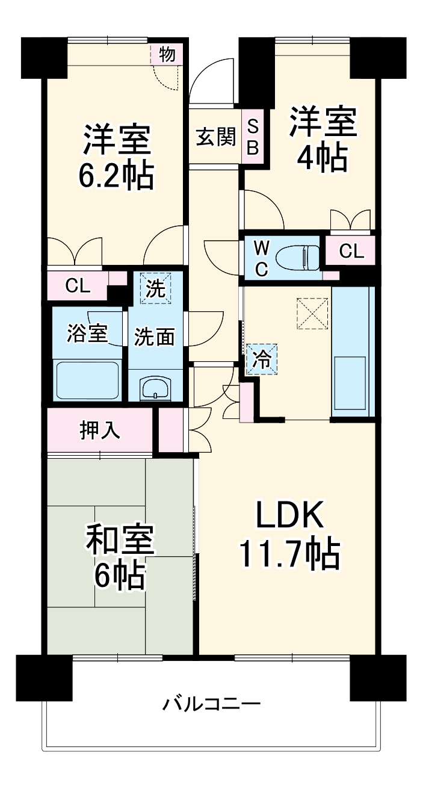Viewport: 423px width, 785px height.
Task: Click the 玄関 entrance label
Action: coord(215,137)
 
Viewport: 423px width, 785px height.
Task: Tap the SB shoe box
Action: coord(253,137)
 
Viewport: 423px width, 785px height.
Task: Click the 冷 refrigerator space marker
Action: coord(262,359)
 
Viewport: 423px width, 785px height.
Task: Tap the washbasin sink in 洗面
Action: coord(156,389)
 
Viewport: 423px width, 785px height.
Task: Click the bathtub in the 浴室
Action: coord(88,380)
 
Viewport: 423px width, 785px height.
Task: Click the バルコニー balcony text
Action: coord(211,703)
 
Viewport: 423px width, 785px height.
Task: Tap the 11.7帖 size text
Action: coord(290,554)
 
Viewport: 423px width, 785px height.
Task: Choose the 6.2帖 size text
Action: coord(116,176)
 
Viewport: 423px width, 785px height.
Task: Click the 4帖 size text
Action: coord(323,158)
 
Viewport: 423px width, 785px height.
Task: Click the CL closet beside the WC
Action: coord(351,252)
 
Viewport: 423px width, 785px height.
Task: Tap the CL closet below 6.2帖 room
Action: coord(77,287)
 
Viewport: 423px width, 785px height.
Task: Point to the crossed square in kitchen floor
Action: coord(312,313)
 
